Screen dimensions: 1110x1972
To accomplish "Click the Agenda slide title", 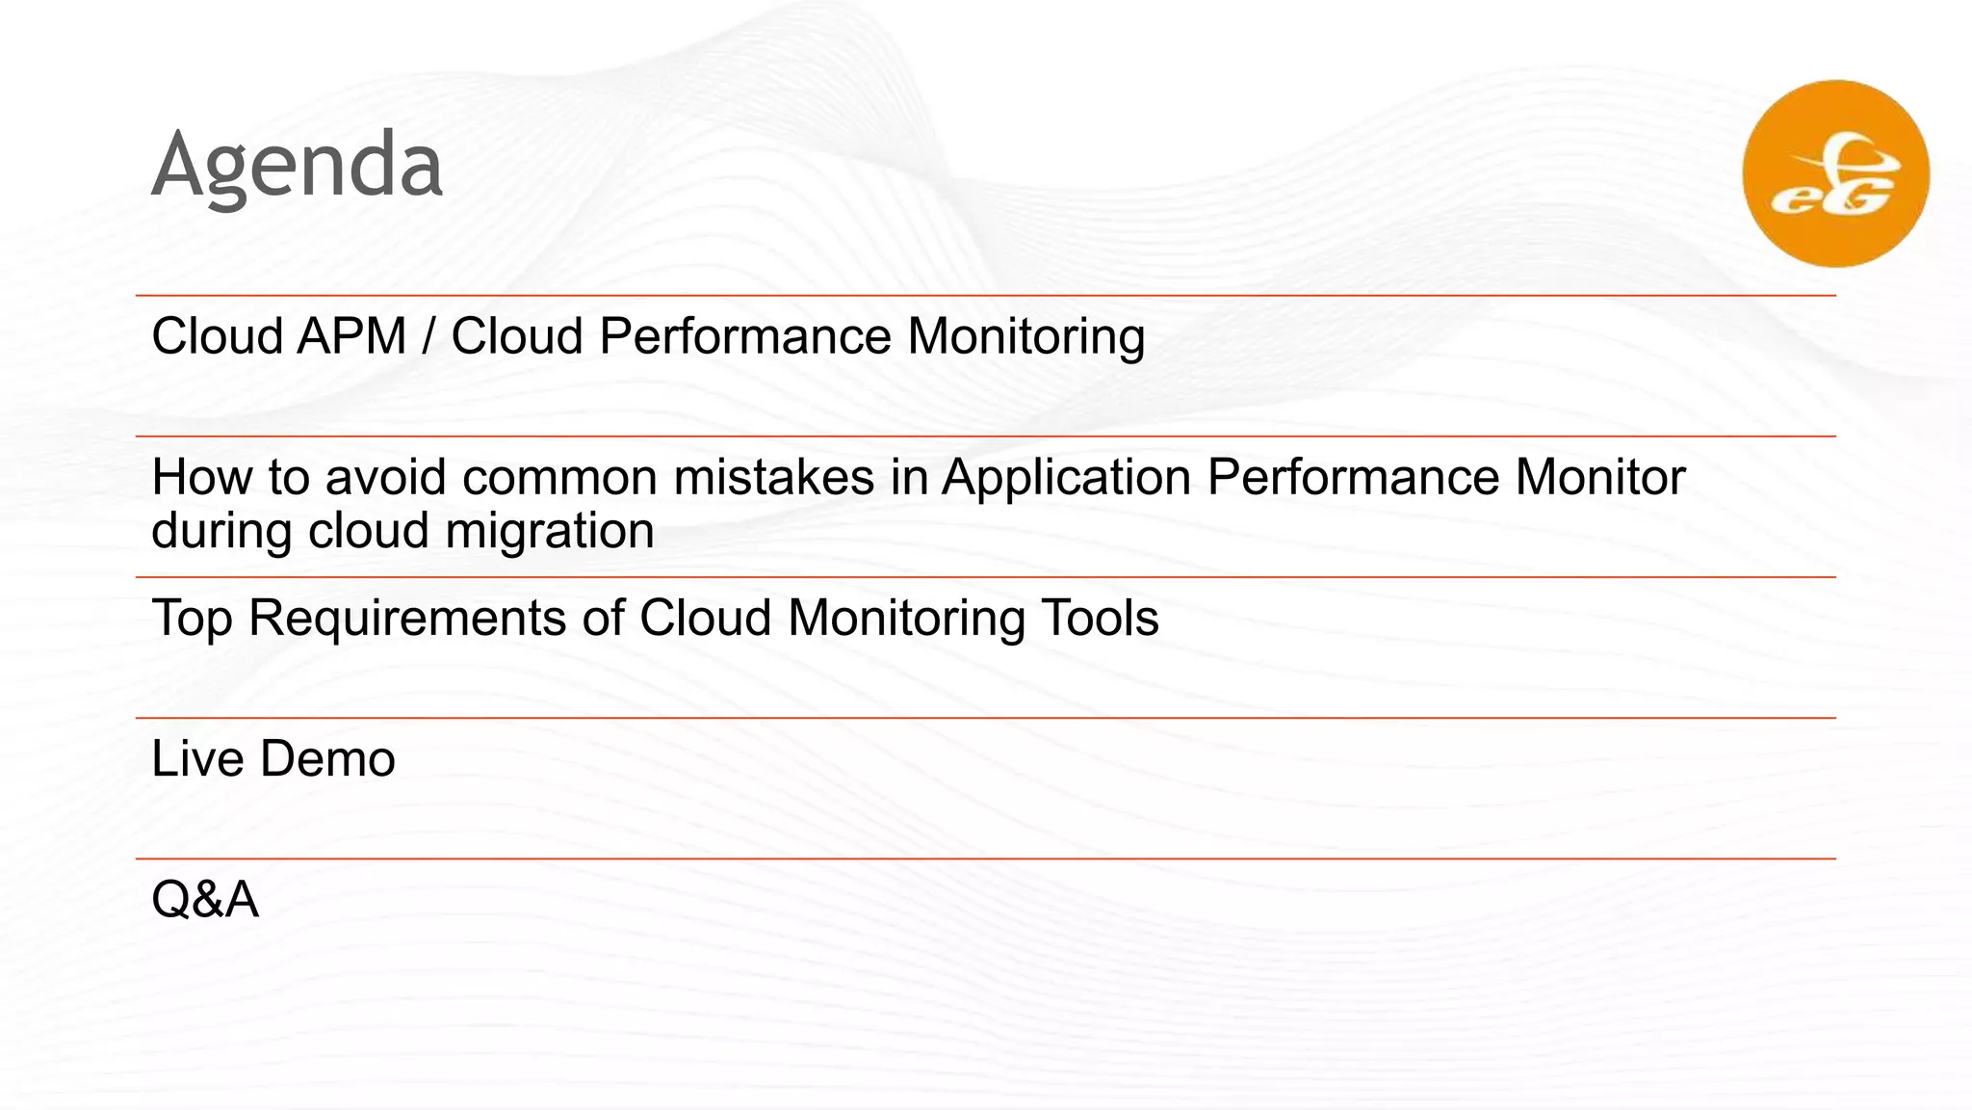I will coord(297,166).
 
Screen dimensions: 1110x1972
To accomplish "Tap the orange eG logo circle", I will coord(1835,173).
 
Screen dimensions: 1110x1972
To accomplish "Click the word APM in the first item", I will coord(351,337).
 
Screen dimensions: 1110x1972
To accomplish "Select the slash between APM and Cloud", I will coord(428,337).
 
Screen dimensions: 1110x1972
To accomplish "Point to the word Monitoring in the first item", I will coord(1025,337).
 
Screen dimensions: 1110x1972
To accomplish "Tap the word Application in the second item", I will coord(1066,478).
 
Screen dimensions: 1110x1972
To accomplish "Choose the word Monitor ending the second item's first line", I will coord(1599,478).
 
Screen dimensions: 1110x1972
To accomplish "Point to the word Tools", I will coord(1100,619).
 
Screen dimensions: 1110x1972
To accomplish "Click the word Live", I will coord(197,759).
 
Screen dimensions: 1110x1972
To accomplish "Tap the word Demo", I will coord(327,759).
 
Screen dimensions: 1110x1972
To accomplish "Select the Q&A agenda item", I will coord(205,900).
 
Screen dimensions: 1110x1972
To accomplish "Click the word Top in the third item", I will coord(192,619).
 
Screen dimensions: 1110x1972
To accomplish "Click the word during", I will coord(221,532).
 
